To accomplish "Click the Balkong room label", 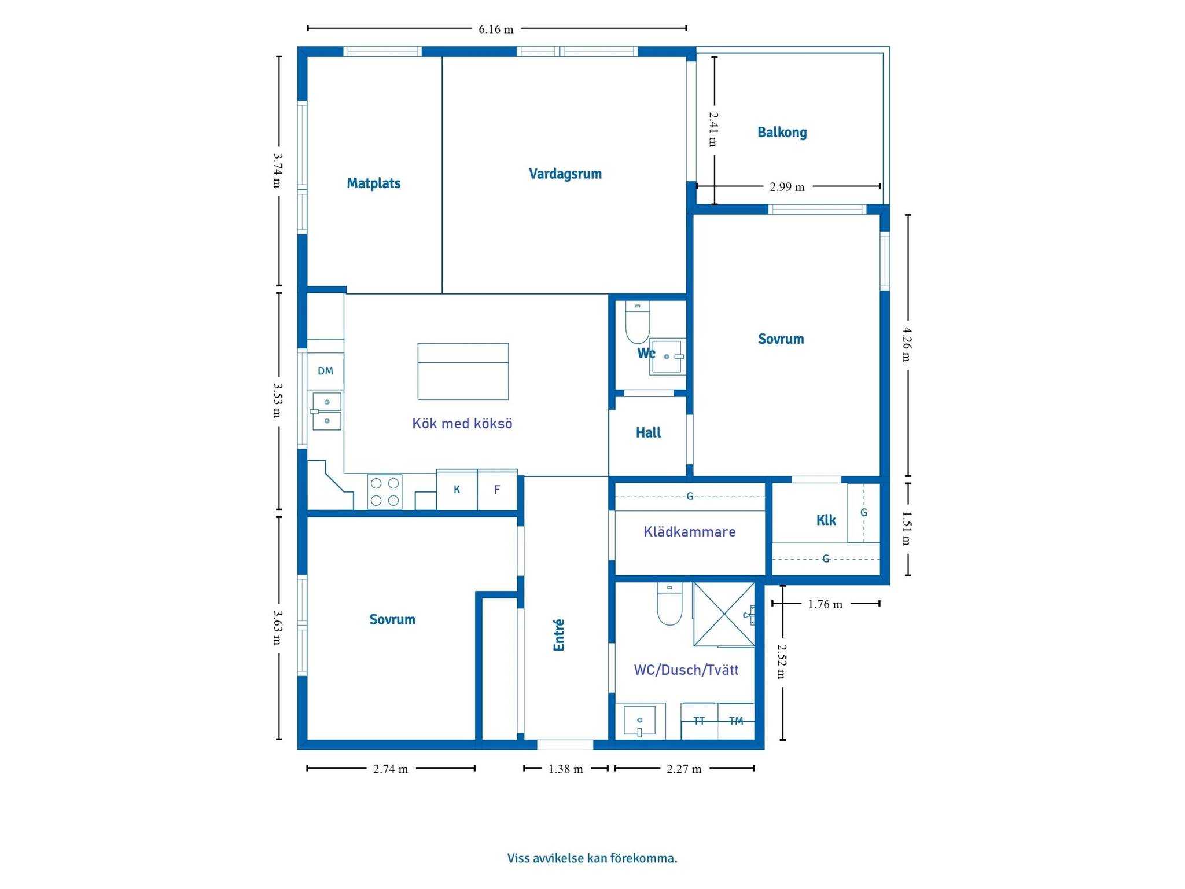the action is [x=782, y=133].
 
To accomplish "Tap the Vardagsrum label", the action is [x=565, y=174].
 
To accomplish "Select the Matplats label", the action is [x=374, y=183].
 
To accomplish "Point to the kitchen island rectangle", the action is [x=463, y=371].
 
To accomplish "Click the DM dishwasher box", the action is [x=325, y=371].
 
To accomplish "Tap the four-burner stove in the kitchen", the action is [x=385, y=491].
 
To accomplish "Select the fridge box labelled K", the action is [x=457, y=490].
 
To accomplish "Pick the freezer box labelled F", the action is [x=497, y=490].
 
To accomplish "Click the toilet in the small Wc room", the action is [x=638, y=322].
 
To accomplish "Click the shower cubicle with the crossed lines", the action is [x=724, y=614].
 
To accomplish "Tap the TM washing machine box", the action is [x=736, y=721].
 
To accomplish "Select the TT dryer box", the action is [x=700, y=721].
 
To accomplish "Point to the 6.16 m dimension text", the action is [x=496, y=30].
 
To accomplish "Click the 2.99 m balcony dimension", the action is [x=787, y=187].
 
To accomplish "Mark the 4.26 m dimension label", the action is [x=907, y=344].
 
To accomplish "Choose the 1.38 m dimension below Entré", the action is [x=566, y=769].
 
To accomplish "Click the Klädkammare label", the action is [x=690, y=532].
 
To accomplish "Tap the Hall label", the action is [x=648, y=432].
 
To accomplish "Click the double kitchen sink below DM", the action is [x=326, y=412].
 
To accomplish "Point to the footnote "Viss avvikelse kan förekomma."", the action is [x=592, y=858].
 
